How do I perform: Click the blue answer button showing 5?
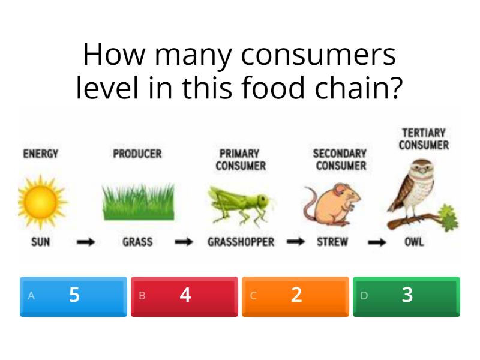[x=73, y=296]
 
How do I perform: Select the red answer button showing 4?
[x=184, y=296]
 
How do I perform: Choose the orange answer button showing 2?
[x=295, y=296]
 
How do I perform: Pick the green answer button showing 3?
[x=406, y=296]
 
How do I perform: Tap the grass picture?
[x=138, y=201]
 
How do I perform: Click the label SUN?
[x=41, y=243]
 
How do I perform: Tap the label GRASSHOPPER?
[x=241, y=243]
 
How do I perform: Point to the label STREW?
[x=333, y=243]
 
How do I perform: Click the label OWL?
[x=413, y=243]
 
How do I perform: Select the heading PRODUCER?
[x=137, y=154]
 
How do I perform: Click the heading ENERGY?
[x=41, y=154]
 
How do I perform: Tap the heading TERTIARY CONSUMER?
[x=424, y=139]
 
